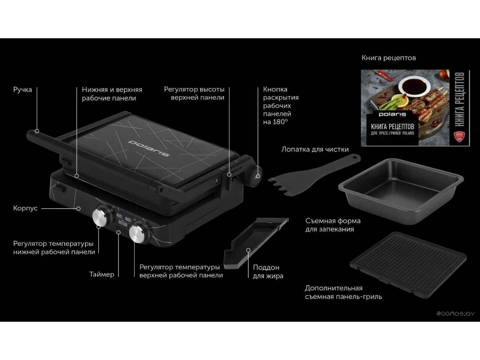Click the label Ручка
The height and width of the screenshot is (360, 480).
pos(22,90)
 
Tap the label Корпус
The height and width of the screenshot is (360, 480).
pos(25,208)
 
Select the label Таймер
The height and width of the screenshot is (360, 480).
pos(102,274)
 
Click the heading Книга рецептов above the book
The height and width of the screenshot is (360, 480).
pos(388,58)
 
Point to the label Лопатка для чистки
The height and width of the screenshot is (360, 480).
pos(315,149)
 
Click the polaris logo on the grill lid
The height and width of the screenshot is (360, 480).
pos(149,148)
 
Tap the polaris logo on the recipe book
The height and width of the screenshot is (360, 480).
pos(392,114)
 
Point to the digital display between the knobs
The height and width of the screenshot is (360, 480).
pos(123,219)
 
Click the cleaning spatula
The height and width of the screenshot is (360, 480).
pos(314,175)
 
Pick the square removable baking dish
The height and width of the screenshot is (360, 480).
pos(400,186)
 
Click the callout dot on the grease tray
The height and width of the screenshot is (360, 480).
pos(248,250)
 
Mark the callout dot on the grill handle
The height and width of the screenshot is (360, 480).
pos(37,131)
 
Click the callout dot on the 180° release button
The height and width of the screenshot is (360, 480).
pos(258,176)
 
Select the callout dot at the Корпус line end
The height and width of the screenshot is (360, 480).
pos(78,208)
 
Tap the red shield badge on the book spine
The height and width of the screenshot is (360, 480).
pos(459,136)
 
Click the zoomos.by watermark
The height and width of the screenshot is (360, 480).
pos(456,314)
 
